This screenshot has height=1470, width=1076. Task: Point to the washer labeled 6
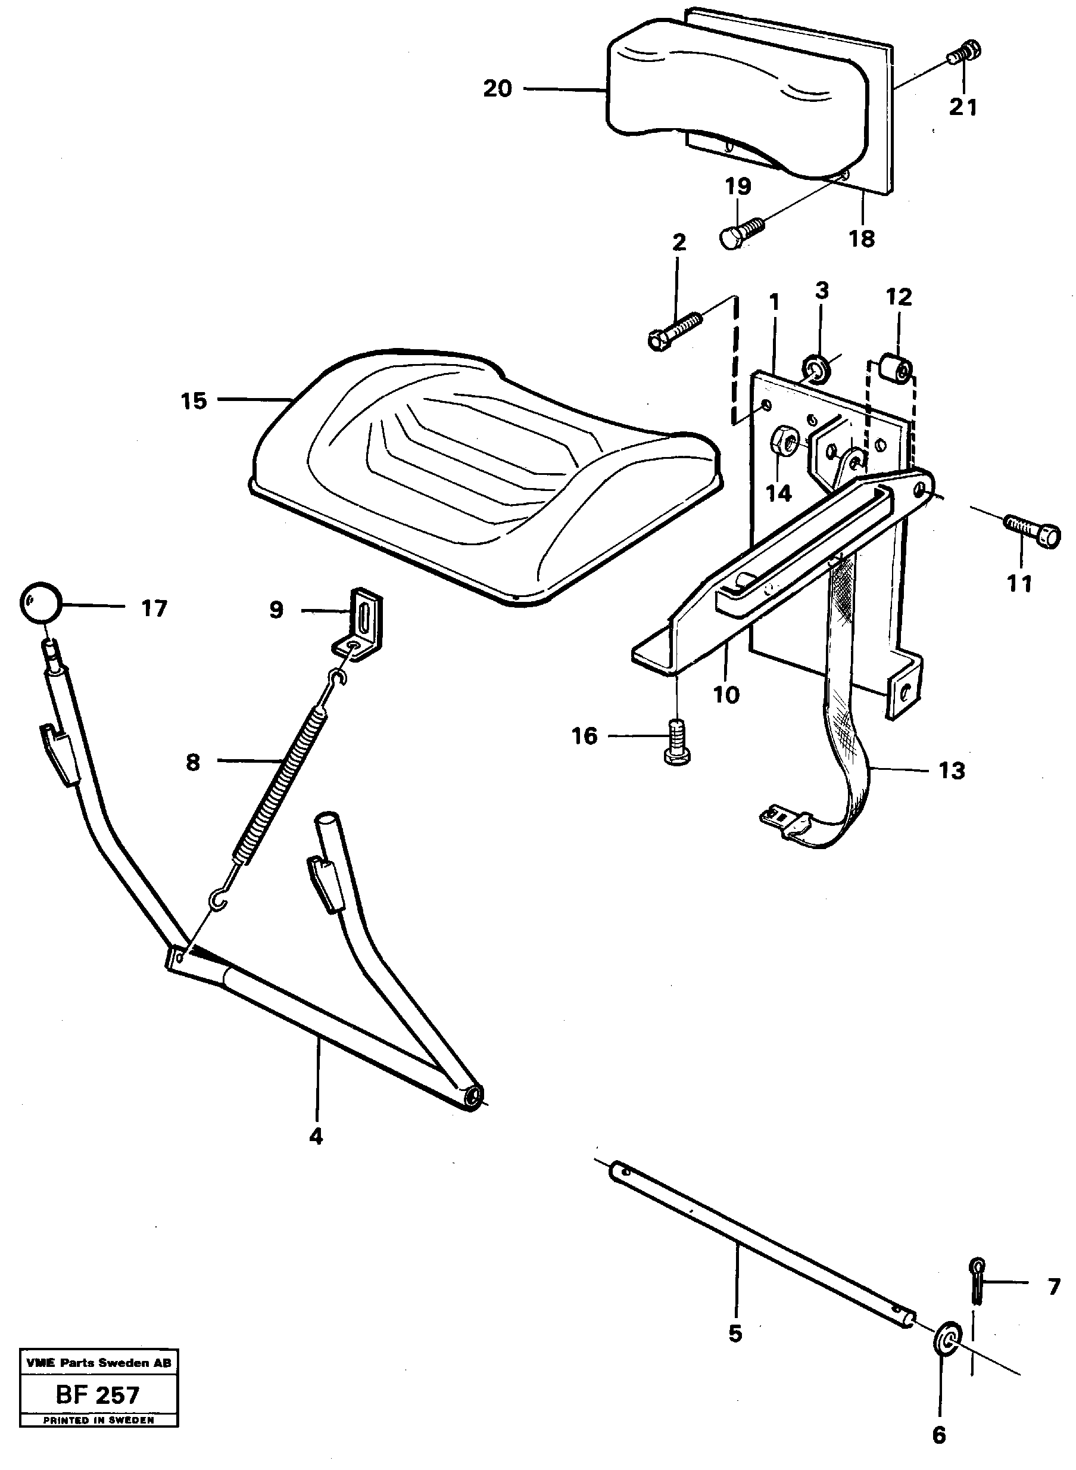point(948,1336)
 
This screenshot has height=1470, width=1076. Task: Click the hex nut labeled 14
point(781,445)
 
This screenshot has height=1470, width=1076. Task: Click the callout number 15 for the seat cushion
point(194,401)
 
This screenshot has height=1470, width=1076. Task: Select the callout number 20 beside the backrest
point(498,88)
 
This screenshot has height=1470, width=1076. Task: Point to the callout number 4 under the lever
point(316,1136)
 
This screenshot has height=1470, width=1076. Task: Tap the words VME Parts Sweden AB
point(98,1363)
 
